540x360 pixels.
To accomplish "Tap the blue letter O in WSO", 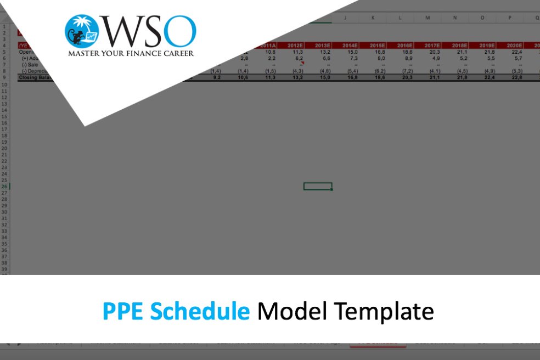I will point(179,32).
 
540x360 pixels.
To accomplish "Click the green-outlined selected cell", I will point(318,186).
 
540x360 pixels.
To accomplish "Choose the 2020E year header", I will point(513,46).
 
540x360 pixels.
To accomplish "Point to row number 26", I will point(4,186).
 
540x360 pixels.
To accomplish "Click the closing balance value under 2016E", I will point(403,78).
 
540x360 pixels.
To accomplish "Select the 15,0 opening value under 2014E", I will point(350,52).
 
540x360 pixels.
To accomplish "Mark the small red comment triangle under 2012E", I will point(301,63).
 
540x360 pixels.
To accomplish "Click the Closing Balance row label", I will point(33,78).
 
